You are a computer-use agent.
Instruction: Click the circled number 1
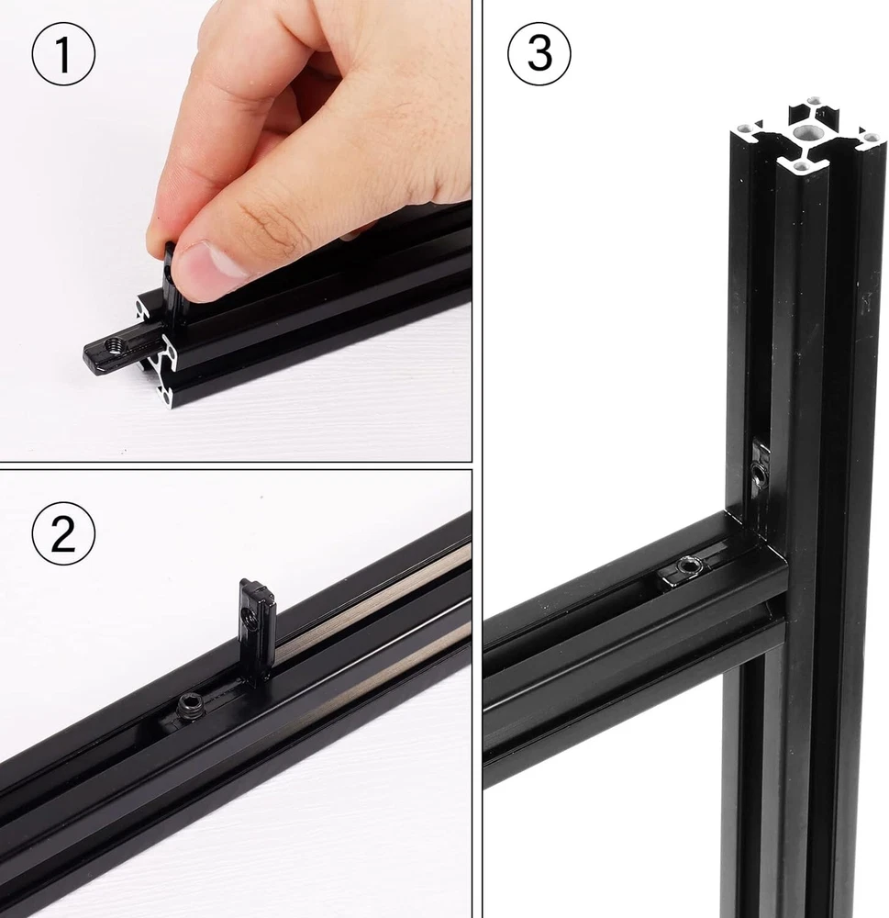63,54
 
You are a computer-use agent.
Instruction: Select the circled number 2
63,534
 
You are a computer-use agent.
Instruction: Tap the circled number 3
539,54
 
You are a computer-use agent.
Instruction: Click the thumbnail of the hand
207,267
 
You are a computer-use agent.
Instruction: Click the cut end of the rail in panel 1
158,352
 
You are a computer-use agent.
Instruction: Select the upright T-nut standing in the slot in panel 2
256,632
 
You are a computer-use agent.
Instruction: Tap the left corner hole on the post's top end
744,128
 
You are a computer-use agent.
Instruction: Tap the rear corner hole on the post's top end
815,101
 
